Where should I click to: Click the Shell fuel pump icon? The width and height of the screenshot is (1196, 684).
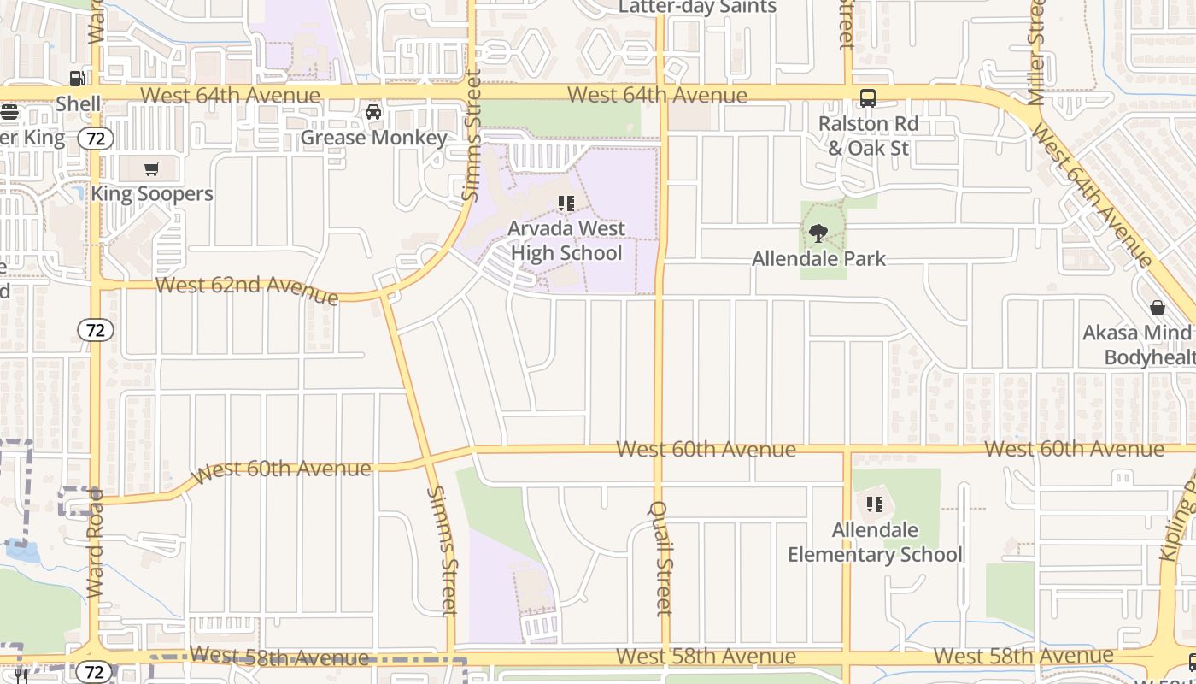(x=77, y=79)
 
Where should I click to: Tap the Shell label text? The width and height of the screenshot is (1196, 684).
(x=79, y=104)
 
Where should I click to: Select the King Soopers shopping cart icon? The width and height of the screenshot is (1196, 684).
(x=152, y=168)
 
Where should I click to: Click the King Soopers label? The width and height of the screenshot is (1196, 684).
(x=152, y=193)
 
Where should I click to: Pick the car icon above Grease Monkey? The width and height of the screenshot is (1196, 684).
(x=373, y=112)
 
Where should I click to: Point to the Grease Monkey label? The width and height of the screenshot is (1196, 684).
(x=374, y=138)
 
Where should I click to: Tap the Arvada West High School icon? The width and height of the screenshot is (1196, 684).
(x=566, y=203)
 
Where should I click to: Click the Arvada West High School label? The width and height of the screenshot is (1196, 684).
(x=566, y=240)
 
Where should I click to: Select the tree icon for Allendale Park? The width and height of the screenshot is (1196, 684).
(x=818, y=233)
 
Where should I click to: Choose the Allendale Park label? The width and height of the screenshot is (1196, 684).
(x=818, y=258)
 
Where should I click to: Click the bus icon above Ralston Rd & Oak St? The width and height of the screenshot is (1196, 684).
(x=868, y=98)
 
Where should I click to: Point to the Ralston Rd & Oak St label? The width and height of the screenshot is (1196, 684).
(x=868, y=136)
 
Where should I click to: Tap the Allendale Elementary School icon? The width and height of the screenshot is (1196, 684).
(x=874, y=504)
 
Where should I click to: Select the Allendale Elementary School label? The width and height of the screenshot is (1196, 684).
(x=875, y=542)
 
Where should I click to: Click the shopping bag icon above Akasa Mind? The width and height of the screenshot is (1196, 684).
(x=1158, y=308)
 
